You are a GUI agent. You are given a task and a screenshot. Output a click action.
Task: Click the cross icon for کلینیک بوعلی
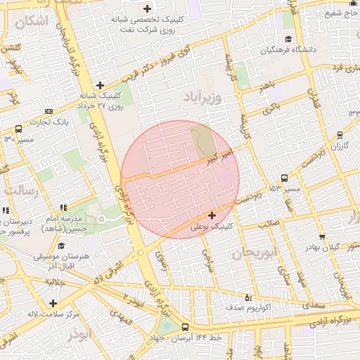click(x=212, y=214)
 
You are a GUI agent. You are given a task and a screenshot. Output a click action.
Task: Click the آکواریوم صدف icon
click(x=247, y=297)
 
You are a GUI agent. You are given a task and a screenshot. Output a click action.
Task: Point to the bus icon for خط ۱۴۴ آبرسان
click(x=185, y=327)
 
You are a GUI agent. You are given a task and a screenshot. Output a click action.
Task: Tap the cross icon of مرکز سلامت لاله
click(x=53, y=303)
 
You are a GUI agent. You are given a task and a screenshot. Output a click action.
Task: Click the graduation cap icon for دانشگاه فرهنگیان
click(x=288, y=39)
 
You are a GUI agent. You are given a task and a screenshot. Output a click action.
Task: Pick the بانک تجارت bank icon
click(x=49, y=111)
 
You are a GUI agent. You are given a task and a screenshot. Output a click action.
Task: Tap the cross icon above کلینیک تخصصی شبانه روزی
click(x=147, y=9)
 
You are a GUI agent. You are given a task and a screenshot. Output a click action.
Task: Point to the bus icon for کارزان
click(x=340, y=134)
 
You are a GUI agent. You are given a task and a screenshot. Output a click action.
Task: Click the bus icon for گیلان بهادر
click(x=321, y=237)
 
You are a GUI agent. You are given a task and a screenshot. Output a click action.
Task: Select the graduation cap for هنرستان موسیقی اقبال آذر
click(x=61, y=246)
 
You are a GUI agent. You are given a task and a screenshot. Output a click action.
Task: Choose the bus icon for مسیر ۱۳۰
click(x=18, y=129)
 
